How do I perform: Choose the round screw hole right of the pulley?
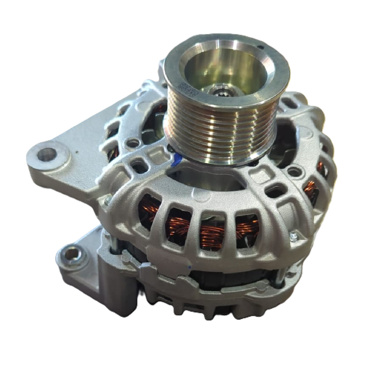click(x=294, y=172)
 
